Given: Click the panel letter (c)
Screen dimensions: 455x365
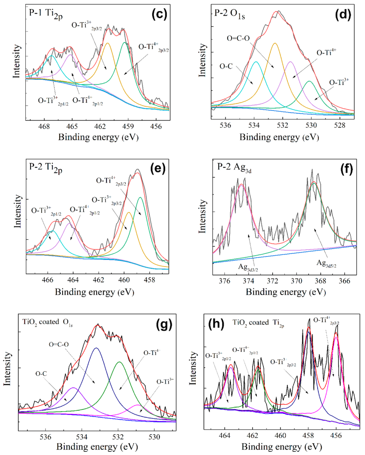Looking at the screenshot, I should tap(159, 15).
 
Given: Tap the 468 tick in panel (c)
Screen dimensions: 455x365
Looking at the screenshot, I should tap(44, 126).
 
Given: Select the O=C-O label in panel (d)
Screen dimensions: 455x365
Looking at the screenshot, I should tap(238, 38).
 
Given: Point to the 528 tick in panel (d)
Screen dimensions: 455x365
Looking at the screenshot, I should tap(340, 125).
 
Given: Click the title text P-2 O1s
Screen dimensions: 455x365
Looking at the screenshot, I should tap(229, 14).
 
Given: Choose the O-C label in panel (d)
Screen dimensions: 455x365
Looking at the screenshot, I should tap(226, 66).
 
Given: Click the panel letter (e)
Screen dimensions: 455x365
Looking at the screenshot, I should tap(158, 169).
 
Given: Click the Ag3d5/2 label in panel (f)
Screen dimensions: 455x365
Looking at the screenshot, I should tap(326, 264).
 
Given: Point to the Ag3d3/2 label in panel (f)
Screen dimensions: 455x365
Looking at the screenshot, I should tap(248, 267).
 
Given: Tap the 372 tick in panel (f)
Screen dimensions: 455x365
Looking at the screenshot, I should tap(272, 281).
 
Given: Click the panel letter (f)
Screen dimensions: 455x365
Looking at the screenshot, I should tap(347, 169).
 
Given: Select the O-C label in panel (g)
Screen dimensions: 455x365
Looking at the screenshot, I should tap(41, 374).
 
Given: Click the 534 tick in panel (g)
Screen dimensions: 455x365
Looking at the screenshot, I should tap(82, 437).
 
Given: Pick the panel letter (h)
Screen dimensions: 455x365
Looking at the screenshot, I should tap(216, 323).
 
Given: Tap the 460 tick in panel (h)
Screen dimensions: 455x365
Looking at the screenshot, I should tap(280, 436).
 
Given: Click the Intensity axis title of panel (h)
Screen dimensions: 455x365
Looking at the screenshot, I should tap(193, 368).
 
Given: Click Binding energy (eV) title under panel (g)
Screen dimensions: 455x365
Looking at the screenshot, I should tap(97, 447).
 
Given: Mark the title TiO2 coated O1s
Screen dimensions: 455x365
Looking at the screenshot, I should tap(47, 322).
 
